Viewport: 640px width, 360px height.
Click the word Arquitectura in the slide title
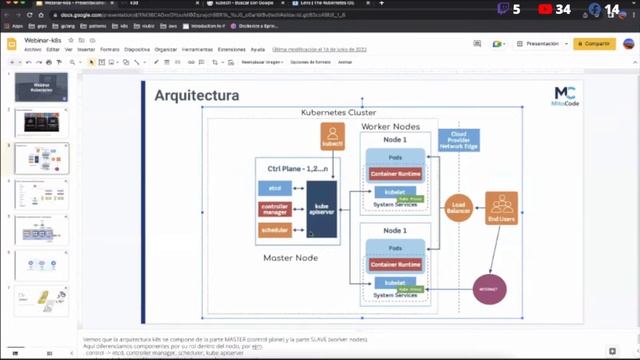tap(196, 96)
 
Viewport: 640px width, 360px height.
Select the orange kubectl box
tap(332, 137)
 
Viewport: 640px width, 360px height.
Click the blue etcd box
tap(274, 187)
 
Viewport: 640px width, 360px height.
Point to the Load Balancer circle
tap(460, 207)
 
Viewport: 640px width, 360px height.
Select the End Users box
tap(501, 209)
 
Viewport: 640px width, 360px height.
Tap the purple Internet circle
tap(490, 287)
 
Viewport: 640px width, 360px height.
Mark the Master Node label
tap(290, 259)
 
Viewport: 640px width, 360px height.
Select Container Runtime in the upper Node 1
tap(395, 174)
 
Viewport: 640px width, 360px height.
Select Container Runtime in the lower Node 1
tap(395, 265)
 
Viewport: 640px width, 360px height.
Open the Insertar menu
tap(86, 49)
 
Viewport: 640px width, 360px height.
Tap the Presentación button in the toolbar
tap(541, 44)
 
